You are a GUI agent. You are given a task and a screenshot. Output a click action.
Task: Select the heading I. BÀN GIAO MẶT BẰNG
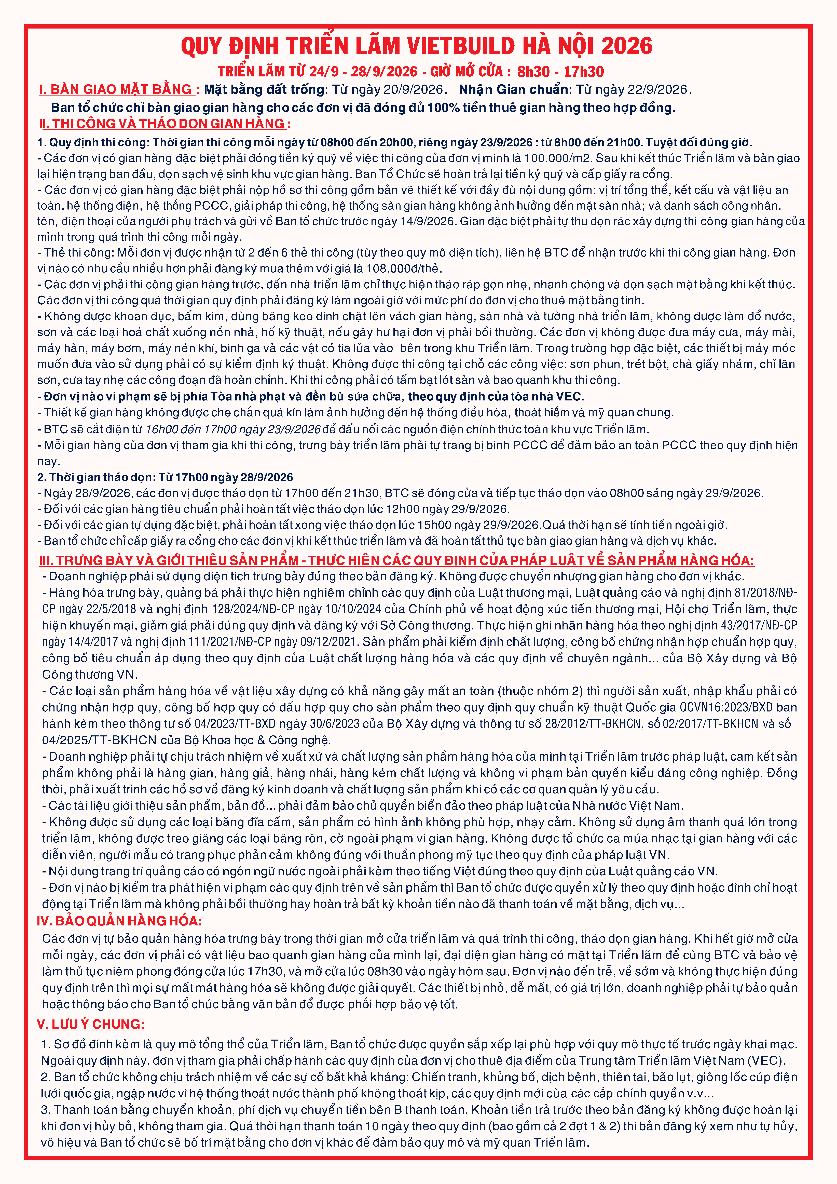(x=116, y=90)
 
